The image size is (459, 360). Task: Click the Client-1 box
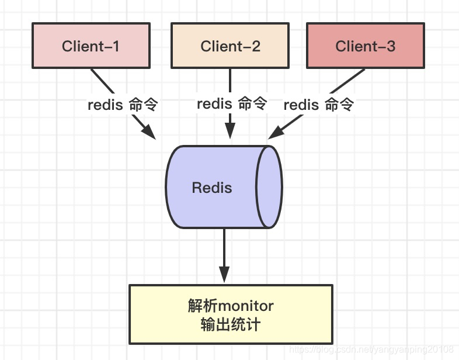pos(91,46)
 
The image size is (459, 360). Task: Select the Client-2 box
pos(230,46)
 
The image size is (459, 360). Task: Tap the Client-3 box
pos(366,46)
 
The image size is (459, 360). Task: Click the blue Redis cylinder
pos(224,187)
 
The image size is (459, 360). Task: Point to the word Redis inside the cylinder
pos(212,188)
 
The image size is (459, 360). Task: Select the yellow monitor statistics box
pos(231,314)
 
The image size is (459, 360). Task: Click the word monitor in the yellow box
pos(246,306)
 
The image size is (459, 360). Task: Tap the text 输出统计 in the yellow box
pos(231,324)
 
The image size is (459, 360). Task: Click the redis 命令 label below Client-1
pos(123,104)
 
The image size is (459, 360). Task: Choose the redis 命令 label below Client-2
pos(232,103)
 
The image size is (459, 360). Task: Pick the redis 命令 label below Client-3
pos(319,104)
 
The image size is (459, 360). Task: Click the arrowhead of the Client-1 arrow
pos(149,132)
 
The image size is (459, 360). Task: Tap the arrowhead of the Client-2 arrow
pos(230,130)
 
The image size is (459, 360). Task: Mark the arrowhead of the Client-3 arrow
pos(276,133)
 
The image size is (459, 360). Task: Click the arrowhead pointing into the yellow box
pos(224,275)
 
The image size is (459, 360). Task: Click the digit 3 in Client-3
pos(391,46)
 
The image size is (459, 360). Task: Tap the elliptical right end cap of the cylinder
pos(269,187)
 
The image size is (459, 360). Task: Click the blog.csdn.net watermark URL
pos(371,349)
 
